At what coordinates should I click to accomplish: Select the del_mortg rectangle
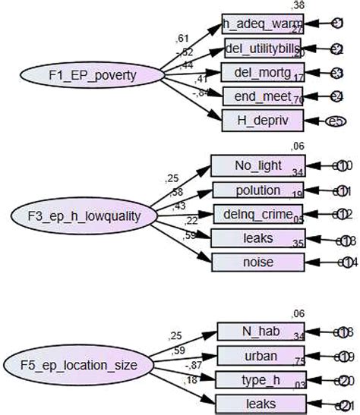coord(257,73)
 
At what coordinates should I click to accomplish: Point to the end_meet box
coord(257,96)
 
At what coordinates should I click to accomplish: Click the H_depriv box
coord(257,121)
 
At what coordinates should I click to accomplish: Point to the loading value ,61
coord(182,38)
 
